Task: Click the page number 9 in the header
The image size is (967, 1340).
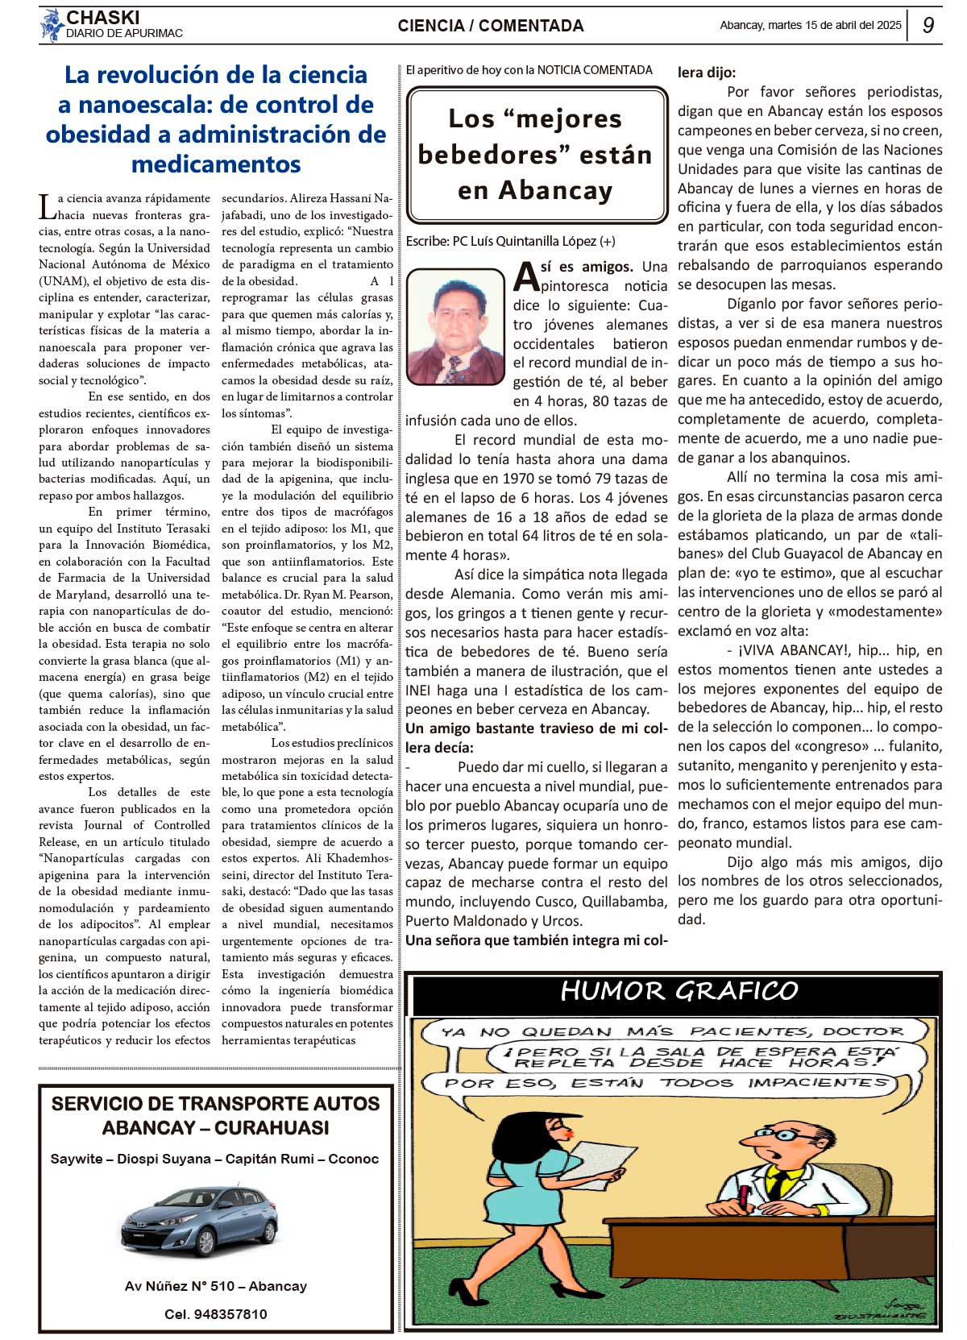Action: point(928,26)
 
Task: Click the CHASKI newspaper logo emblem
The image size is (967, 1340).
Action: point(52,25)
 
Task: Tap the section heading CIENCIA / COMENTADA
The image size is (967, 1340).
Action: point(490,26)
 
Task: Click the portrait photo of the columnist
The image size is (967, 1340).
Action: point(454,326)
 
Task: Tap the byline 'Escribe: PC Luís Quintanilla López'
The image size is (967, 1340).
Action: point(510,241)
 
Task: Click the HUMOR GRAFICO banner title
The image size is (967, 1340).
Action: point(679,991)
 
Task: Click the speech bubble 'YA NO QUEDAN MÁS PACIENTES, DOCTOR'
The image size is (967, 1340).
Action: point(672,1031)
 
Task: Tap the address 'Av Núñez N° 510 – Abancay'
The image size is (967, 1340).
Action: point(216,1286)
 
